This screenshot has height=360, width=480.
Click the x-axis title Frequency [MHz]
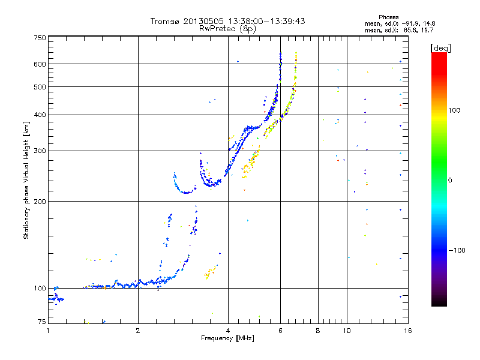click(x=227, y=338)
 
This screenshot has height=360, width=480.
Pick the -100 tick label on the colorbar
click(x=458, y=250)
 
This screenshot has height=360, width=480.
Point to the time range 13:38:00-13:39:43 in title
click(x=262, y=21)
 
